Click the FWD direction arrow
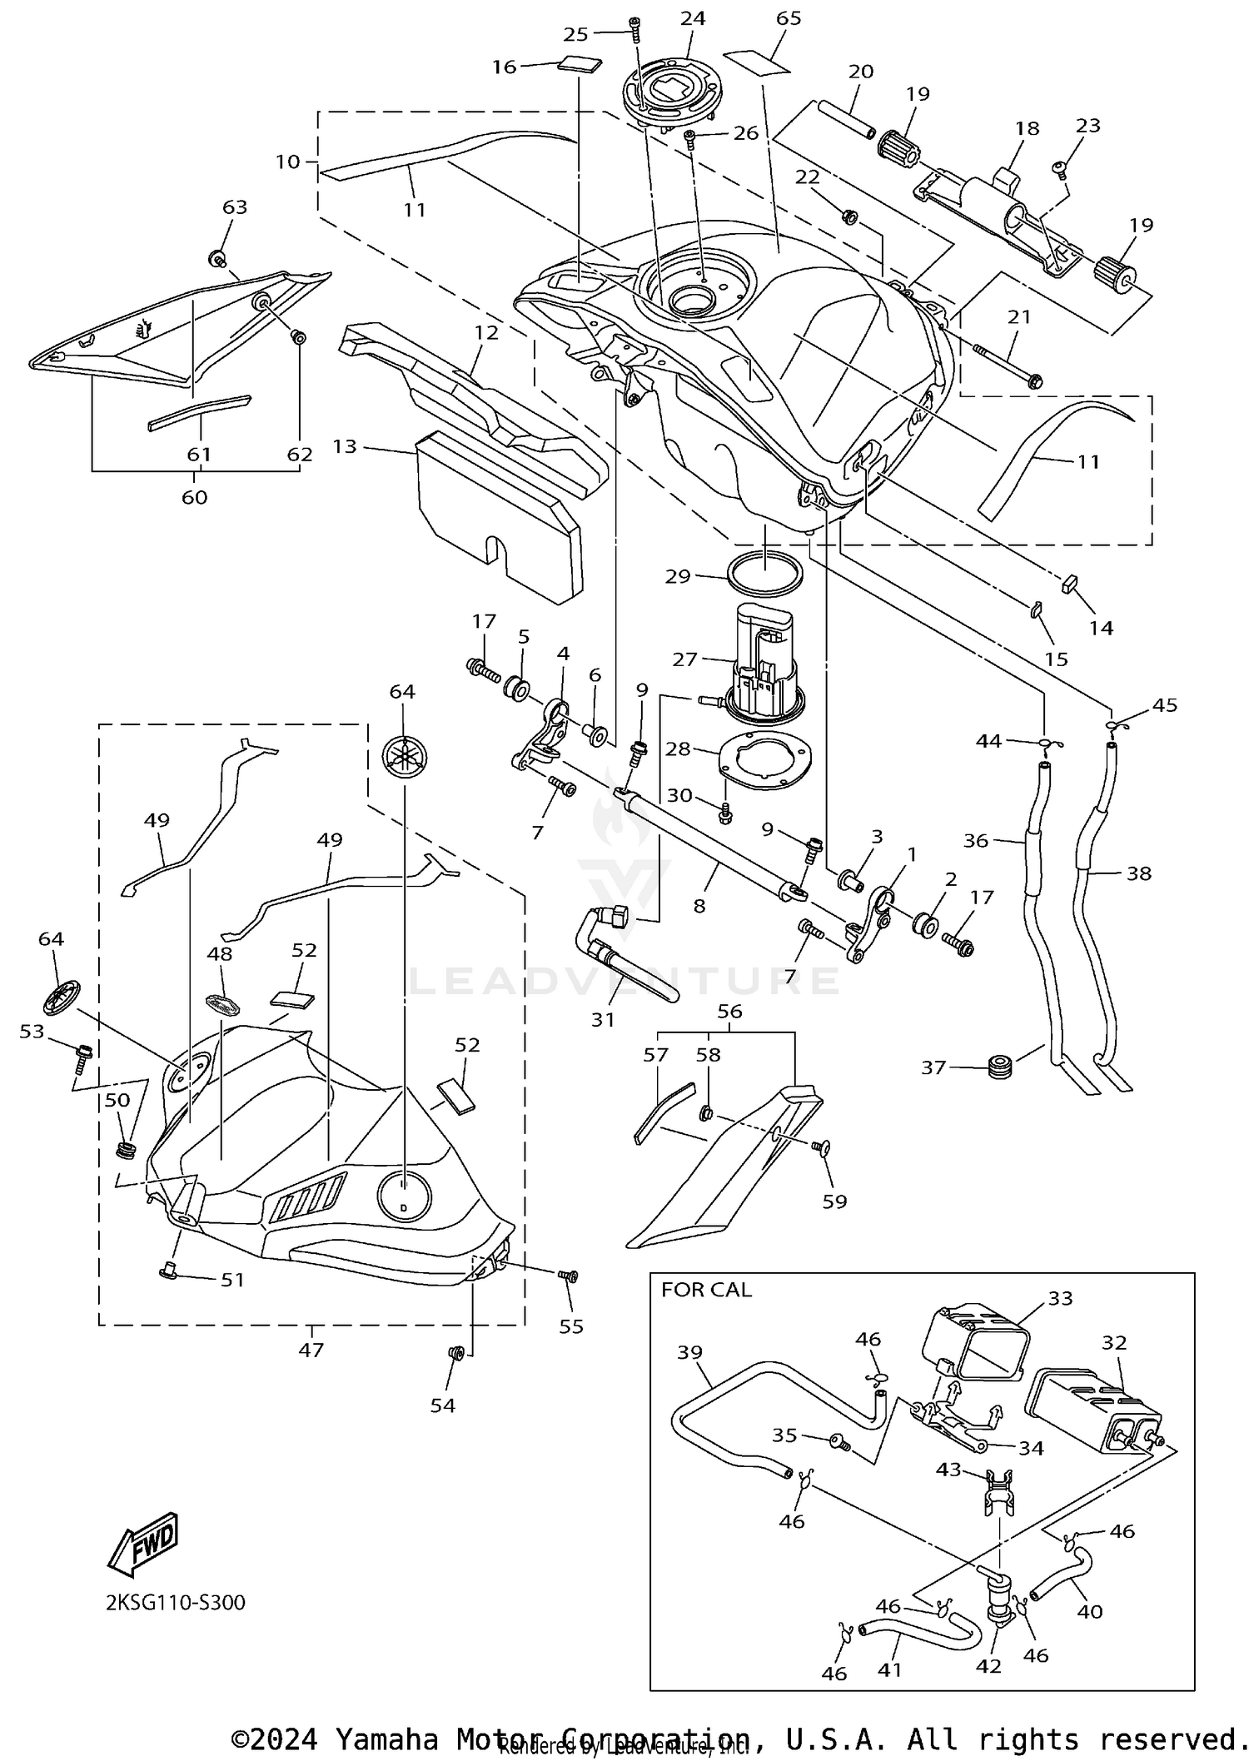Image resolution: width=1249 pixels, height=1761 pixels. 143,1543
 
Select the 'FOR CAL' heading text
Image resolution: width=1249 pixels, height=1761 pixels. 706,1290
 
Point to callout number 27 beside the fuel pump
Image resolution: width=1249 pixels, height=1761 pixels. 684,659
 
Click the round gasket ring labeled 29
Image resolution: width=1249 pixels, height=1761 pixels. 767,574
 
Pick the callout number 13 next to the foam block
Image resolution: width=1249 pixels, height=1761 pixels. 344,446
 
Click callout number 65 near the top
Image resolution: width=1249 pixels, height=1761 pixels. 788,18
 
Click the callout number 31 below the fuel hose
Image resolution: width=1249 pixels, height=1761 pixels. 603,1019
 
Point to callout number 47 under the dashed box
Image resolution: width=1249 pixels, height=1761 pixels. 311,1350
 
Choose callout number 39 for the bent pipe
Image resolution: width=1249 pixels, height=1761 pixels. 689,1353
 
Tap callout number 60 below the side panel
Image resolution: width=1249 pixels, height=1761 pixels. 194,497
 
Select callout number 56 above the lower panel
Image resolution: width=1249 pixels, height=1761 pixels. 729,1011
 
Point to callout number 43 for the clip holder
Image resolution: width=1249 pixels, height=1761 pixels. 948,1470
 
